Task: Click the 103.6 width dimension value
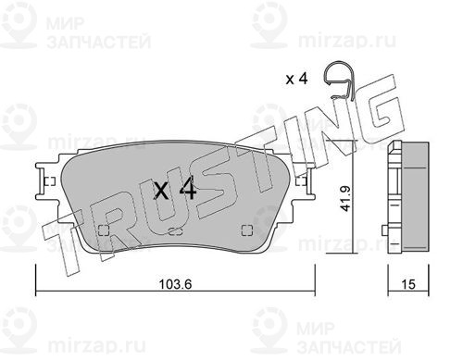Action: pyautogui.click(x=175, y=284)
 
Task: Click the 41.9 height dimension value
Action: pyautogui.click(x=345, y=198)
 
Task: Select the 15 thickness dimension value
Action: pyautogui.click(x=408, y=284)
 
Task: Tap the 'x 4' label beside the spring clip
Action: pyautogui.click(x=296, y=79)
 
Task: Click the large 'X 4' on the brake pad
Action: pyautogui.click(x=175, y=190)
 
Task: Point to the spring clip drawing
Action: pyautogui.click(x=340, y=81)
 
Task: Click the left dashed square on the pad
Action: pyautogui.click(x=103, y=230)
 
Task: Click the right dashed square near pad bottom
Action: pyautogui.click(x=247, y=230)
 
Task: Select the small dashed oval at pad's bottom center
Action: pyautogui.click(x=175, y=231)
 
